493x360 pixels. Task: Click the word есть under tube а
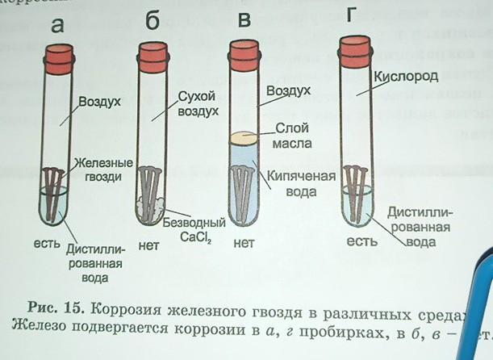click(46, 241)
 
